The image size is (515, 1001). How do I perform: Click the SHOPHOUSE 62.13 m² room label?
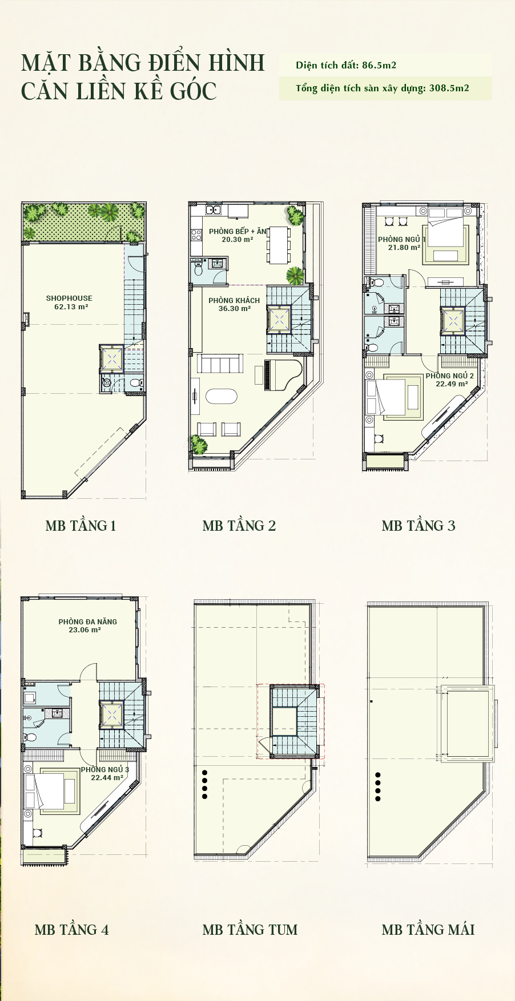[69, 302]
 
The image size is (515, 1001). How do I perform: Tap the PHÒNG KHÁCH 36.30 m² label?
[234, 304]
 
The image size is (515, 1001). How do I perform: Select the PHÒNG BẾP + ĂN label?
[238, 231]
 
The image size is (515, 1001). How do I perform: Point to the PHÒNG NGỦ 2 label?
[449, 376]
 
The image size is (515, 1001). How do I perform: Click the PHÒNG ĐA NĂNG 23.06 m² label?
[87, 625]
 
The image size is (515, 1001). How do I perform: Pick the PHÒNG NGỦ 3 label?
[105, 769]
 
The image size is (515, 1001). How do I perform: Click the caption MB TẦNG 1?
[81, 526]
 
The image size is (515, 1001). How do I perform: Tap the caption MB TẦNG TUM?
[250, 930]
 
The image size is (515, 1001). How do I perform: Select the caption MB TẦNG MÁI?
[428, 930]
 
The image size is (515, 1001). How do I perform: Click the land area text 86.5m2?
[379, 65]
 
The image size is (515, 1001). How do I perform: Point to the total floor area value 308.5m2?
[449, 88]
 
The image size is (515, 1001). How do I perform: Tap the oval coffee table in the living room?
[221, 396]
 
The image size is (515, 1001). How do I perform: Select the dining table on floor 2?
[279, 244]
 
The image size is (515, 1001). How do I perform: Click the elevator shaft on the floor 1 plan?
[111, 358]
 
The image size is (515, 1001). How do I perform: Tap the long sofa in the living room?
[220, 363]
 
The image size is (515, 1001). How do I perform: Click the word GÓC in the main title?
[193, 91]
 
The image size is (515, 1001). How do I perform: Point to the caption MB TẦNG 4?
[71, 930]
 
